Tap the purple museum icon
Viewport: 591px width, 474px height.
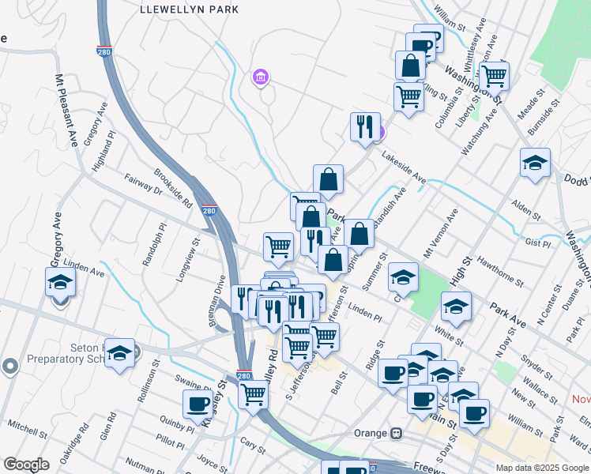[x=260, y=77]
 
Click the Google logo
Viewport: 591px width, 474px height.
[x=25, y=465]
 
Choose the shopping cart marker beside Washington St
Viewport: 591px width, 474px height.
[x=494, y=77]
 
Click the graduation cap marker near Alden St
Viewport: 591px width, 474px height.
[x=535, y=164]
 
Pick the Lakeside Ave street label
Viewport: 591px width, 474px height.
[x=404, y=168]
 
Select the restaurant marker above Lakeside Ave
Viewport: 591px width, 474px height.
[x=364, y=127]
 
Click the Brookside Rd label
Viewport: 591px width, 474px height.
[x=173, y=186]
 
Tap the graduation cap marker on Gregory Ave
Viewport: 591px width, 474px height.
[x=60, y=281]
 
